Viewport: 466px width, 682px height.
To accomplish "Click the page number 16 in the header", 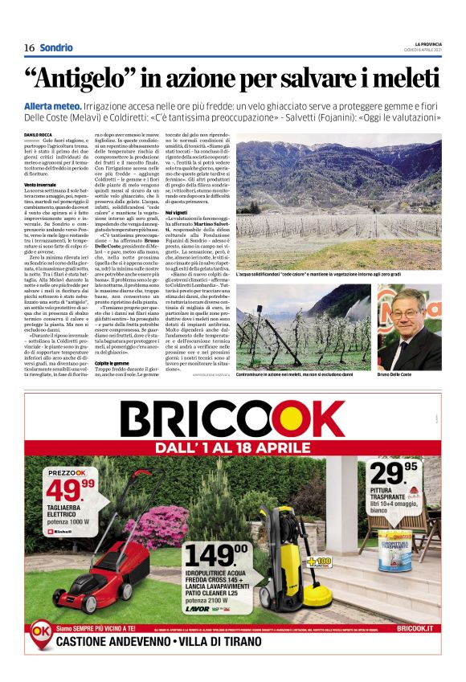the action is tap(29, 47).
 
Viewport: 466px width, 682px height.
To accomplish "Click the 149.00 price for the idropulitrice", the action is tap(219, 555).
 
